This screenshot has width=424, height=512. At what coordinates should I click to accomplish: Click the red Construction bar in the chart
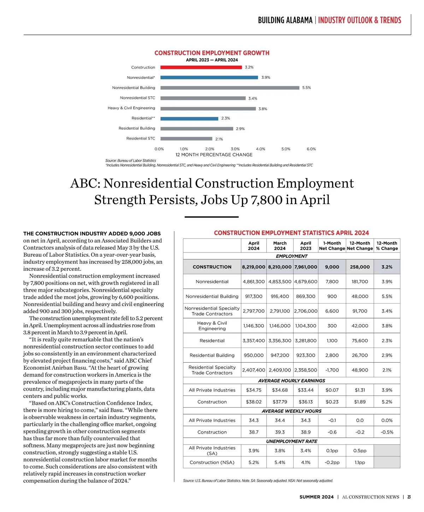point(201,67)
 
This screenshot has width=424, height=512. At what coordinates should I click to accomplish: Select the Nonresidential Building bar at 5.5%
point(230,88)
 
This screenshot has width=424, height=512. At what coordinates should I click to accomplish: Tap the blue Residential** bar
point(189,118)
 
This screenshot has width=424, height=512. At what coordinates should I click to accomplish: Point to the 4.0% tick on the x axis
point(260,149)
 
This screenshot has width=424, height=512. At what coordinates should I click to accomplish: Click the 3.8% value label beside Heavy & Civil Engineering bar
point(263,109)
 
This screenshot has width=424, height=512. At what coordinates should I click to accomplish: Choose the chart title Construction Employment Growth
point(212,53)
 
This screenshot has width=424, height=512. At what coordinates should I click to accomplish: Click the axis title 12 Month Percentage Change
point(214,155)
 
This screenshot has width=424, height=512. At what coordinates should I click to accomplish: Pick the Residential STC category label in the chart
point(141,138)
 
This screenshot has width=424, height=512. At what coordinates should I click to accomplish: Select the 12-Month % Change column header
point(387,246)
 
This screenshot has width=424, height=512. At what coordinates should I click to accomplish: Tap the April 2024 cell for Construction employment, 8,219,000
point(253,267)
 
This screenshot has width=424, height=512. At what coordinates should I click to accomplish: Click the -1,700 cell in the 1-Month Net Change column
point(332,370)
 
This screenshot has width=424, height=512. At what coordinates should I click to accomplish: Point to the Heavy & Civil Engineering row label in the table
point(212,326)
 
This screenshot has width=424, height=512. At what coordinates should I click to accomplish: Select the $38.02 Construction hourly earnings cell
point(253,402)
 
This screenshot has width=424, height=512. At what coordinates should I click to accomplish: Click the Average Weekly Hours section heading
point(291,411)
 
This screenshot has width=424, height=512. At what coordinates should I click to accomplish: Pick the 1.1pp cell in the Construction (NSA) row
point(360,462)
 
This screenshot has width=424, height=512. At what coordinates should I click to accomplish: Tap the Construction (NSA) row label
point(212,462)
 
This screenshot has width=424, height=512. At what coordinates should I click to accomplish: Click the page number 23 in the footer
point(409,497)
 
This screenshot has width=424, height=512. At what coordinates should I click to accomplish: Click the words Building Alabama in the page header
point(285,20)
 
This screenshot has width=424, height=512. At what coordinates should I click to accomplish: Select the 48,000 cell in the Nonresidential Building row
point(360,296)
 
